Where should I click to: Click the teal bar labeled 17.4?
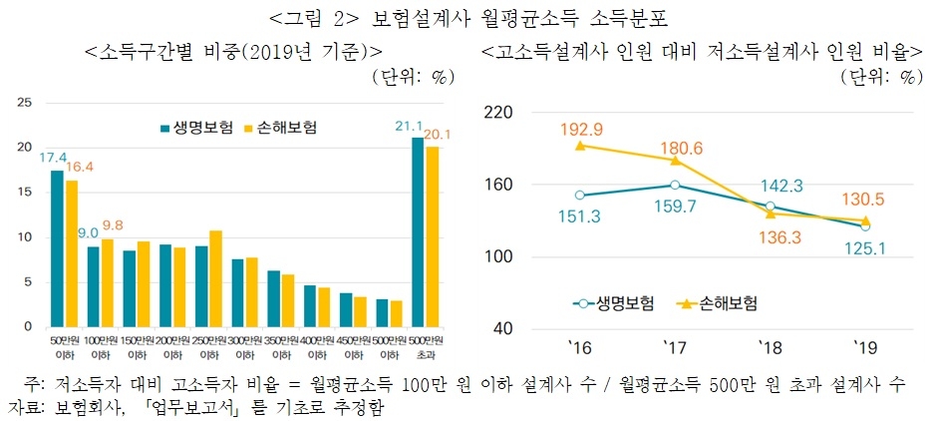point(57,248)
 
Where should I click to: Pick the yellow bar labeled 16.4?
point(70,253)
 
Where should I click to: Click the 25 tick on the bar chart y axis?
point(26,103)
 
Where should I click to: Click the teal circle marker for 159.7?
point(675,185)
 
